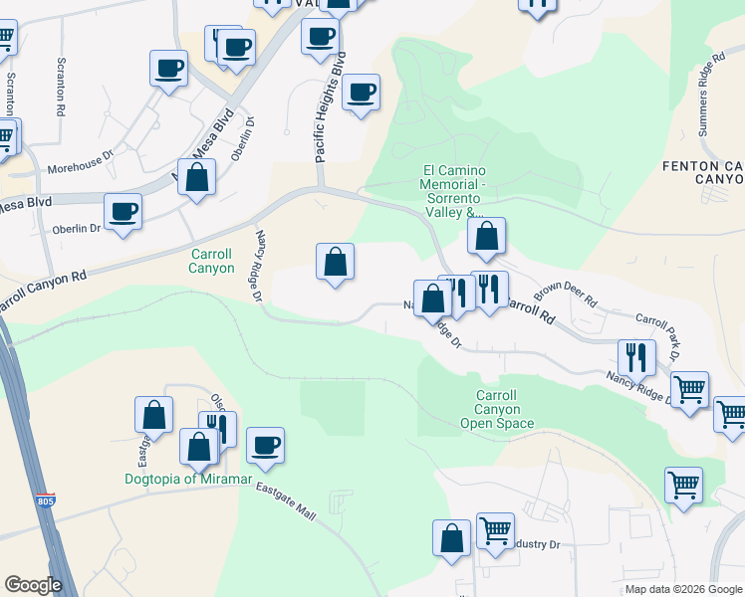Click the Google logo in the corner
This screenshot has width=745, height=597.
pos(33,585)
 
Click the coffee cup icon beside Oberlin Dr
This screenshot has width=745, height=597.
pos(123,211)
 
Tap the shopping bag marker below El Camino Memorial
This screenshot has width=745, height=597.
pos(487,237)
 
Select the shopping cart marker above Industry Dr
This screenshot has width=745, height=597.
pos(495,529)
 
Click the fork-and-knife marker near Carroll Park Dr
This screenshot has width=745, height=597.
pos(635,355)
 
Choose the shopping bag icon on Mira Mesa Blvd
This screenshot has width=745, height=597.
pos(197,177)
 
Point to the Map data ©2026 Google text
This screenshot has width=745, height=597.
pos(683,589)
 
